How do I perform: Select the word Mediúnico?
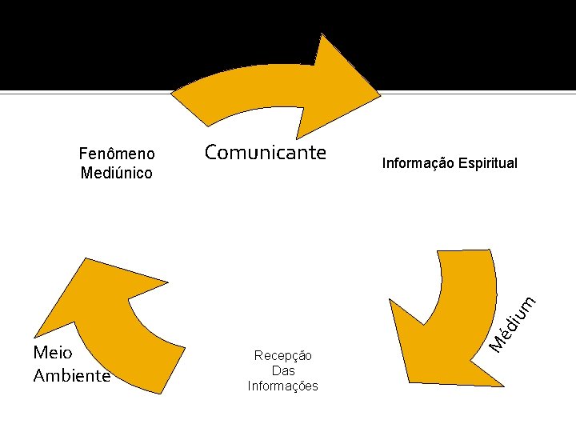117,173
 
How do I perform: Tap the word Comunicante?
265,152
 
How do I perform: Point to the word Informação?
418,163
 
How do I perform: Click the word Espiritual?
486,163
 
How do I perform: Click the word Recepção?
282,355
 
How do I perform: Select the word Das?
282,370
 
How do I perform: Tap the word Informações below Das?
282,386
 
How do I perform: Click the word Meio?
53,353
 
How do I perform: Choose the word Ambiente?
71,375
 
